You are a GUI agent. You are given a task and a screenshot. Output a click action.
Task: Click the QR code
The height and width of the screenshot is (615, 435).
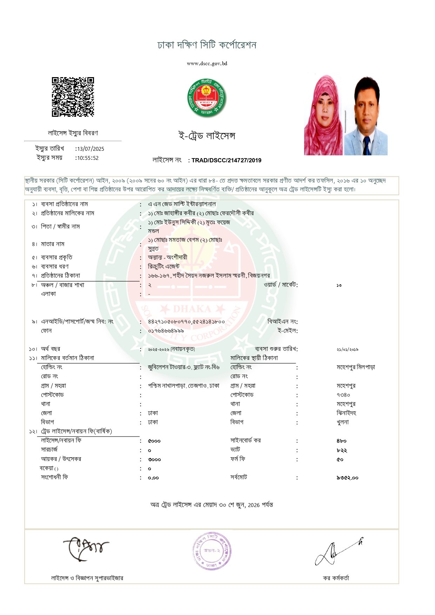(x=73, y=97)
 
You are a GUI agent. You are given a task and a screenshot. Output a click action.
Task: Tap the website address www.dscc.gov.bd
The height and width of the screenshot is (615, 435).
(x=207, y=63)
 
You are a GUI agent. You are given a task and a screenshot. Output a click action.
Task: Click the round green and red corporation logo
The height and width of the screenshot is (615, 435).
(x=207, y=98)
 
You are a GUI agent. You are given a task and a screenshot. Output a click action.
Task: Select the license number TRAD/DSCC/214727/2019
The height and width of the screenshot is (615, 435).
(x=226, y=160)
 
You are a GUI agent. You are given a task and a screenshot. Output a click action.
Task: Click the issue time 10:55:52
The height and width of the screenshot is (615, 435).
(x=88, y=158)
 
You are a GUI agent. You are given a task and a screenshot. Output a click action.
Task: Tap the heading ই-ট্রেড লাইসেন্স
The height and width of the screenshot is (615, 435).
(x=207, y=136)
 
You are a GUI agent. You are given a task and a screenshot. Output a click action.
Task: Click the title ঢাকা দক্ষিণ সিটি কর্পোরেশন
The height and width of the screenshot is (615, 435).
(x=207, y=45)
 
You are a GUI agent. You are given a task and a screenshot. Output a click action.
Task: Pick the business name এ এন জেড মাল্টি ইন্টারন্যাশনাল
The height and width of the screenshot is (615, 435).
(x=182, y=204)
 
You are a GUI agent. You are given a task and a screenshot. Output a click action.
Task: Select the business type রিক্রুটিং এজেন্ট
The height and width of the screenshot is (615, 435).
(x=163, y=266)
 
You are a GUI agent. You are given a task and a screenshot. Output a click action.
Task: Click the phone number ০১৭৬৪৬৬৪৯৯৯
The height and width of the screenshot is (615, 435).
(x=166, y=331)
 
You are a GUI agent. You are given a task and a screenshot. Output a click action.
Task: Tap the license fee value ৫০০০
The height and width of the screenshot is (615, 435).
(x=154, y=441)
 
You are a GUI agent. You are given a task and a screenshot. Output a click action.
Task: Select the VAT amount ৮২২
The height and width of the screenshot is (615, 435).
(x=342, y=450)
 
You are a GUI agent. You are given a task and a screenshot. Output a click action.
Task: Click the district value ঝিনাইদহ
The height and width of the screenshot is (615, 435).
(x=346, y=413)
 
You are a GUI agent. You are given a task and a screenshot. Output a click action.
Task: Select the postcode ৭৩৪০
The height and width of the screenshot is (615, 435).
(x=343, y=395)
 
